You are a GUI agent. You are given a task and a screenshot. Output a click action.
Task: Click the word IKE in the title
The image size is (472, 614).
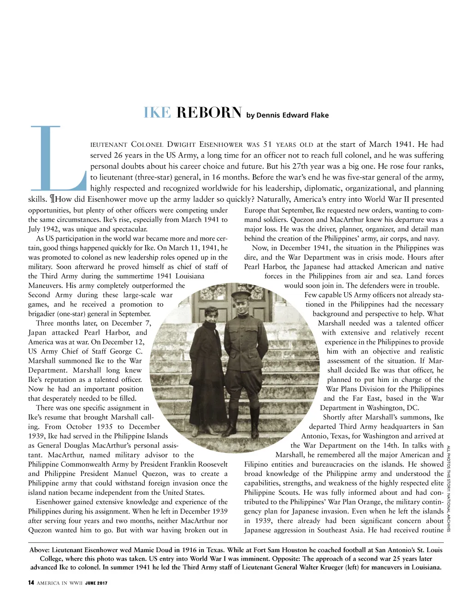[x=157, y=113]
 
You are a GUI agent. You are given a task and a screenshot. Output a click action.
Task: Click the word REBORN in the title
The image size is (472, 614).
[x=209, y=113]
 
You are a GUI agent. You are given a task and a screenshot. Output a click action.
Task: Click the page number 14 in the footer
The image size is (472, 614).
[x=31, y=583]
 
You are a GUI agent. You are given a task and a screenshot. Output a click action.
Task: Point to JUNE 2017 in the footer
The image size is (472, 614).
[x=96, y=584]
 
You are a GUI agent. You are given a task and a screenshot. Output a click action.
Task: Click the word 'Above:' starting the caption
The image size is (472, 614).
[x=40, y=550]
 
